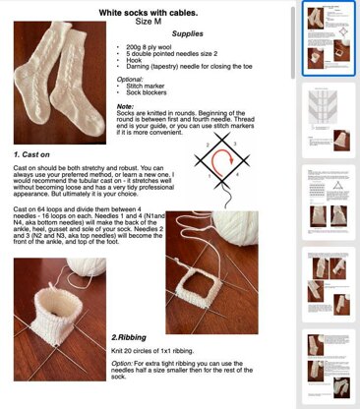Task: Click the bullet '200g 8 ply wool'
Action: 163,46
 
